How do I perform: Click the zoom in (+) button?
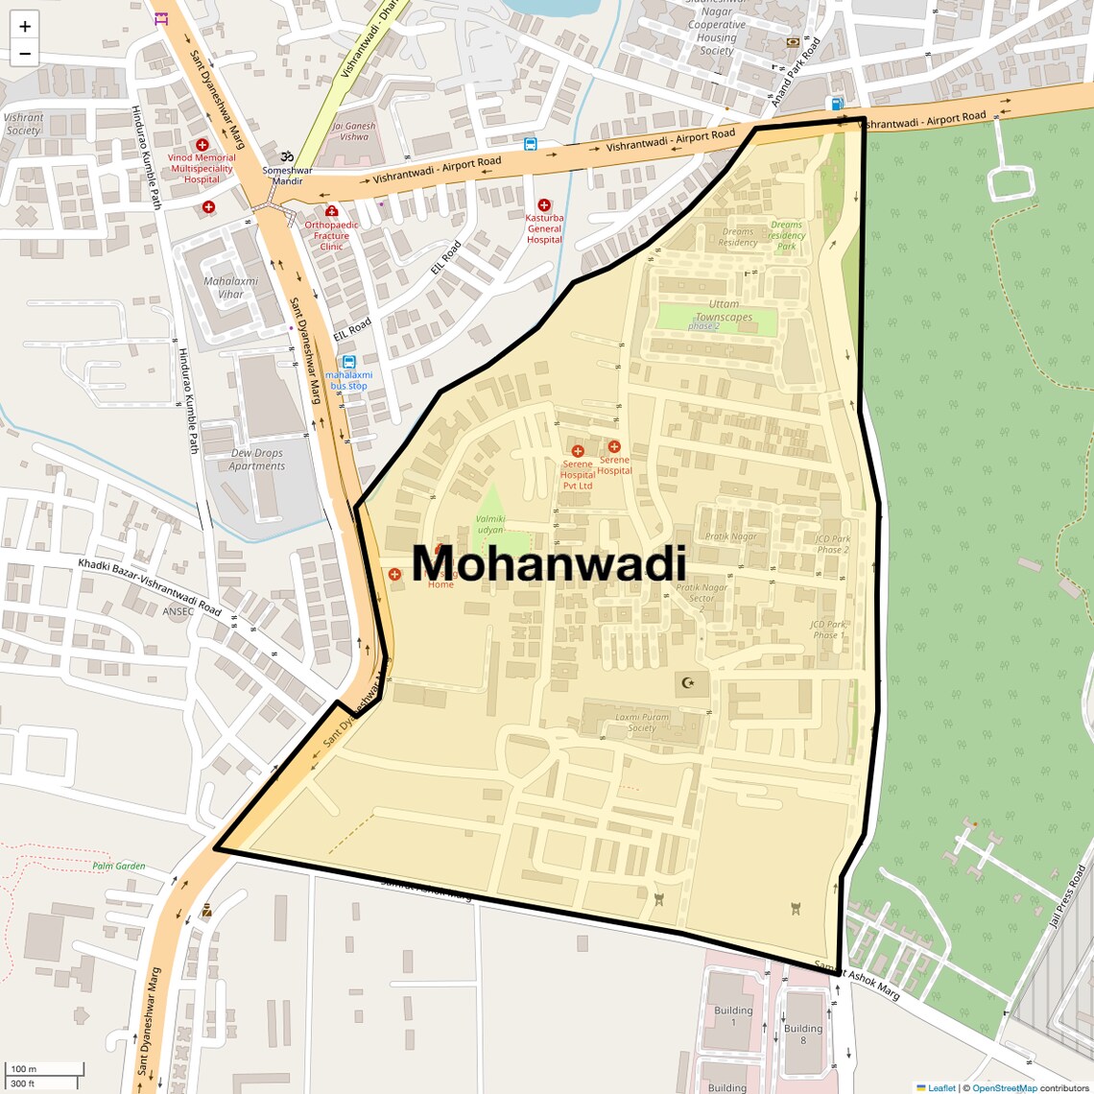[x=25, y=26]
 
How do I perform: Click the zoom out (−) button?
[x=25, y=54]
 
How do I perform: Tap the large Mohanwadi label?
[x=549, y=564]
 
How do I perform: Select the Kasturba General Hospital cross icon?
[x=544, y=205]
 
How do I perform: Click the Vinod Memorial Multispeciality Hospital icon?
[x=202, y=145]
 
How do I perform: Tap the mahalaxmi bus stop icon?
[x=348, y=362]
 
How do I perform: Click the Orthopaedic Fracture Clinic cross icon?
[x=331, y=211]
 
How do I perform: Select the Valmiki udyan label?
[x=489, y=524]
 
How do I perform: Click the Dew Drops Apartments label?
[x=256, y=460]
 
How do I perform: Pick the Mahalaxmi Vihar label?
[x=230, y=288]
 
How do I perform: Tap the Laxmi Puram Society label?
[x=642, y=722]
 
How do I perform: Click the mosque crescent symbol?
[x=687, y=683]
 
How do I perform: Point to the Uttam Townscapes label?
[x=724, y=311]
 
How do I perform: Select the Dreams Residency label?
[x=738, y=237]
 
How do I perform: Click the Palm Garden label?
[x=119, y=866]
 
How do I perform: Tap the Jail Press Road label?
[x=1067, y=896]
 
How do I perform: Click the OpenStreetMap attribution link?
[x=1004, y=1087]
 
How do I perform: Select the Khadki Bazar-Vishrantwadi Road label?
[x=150, y=587]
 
